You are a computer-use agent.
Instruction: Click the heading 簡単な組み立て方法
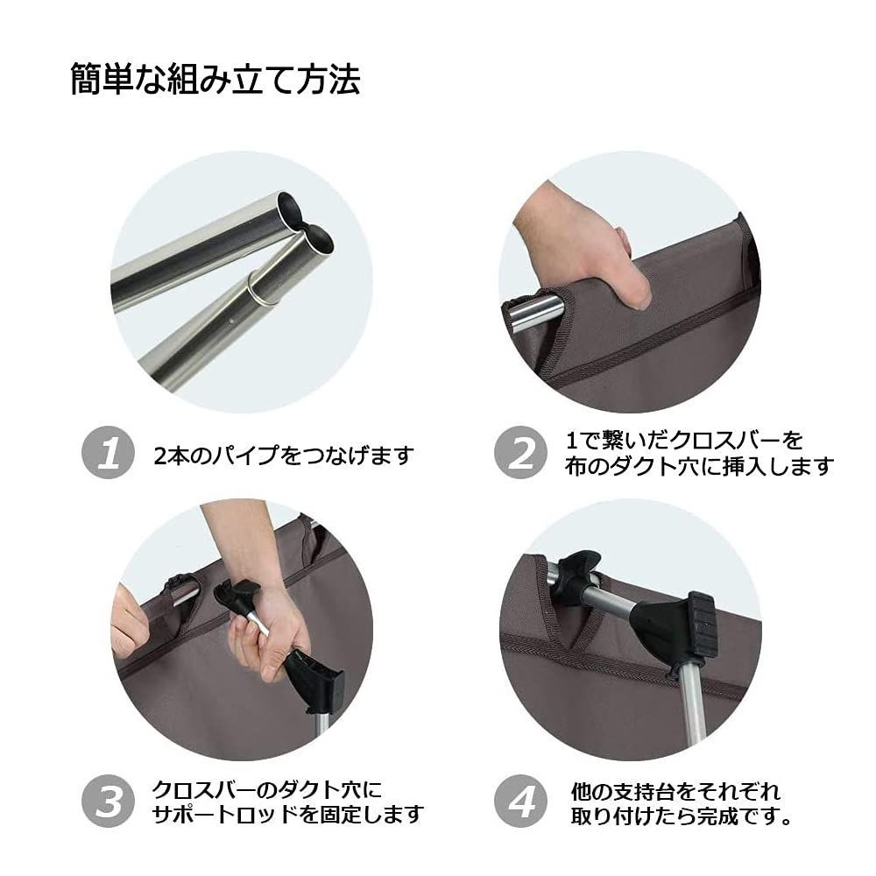pyautogui.click(x=215, y=81)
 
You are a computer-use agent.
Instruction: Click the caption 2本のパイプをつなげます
pyautogui.click(x=282, y=456)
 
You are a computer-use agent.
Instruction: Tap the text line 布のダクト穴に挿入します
pyautogui.click(x=698, y=466)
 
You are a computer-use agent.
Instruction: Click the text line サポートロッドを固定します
pyautogui.click(x=288, y=815)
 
